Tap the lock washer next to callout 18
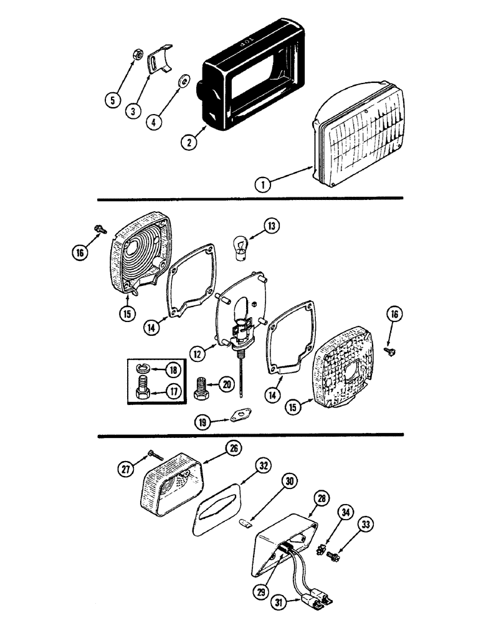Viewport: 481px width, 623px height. coord(143,368)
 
